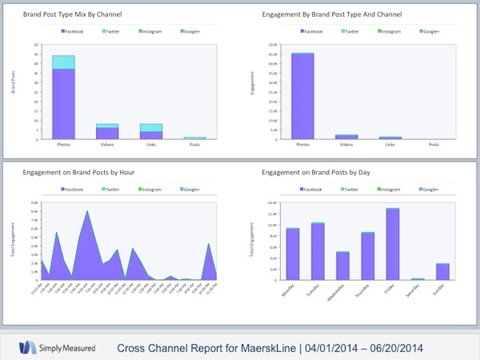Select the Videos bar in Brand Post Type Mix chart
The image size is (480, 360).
tap(108, 133)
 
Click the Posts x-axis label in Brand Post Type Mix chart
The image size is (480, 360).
tap(198, 146)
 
